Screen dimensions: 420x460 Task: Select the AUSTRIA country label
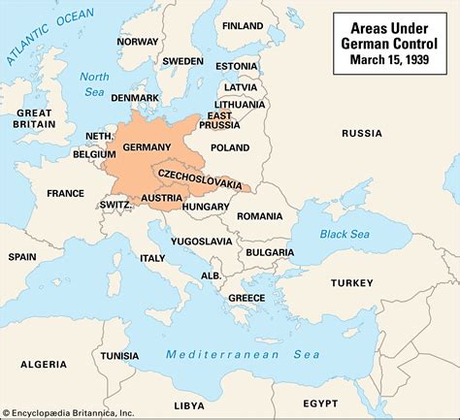coord(160,198)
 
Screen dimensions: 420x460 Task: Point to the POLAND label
coord(231,147)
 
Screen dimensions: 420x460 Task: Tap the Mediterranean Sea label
coord(225,354)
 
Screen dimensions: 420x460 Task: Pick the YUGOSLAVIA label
coord(202,241)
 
